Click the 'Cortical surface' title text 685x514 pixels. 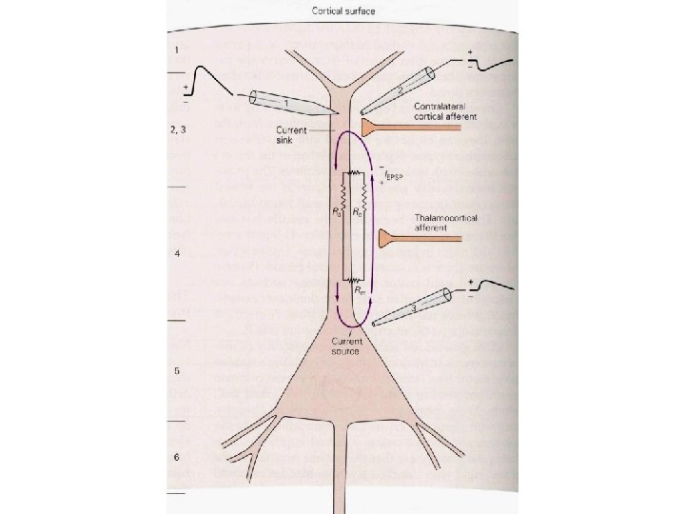pyautogui.click(x=342, y=11)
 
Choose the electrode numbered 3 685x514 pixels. pyautogui.click(x=405, y=308)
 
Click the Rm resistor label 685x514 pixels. pyautogui.click(x=362, y=291)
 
